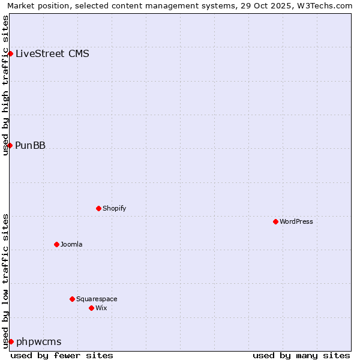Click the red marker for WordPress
point(275,221)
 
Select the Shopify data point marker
point(98,208)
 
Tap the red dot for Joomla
point(56,244)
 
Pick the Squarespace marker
point(72,299)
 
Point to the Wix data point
point(91,308)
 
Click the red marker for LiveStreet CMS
point(10,53)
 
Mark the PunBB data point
point(10,145)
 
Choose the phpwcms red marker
point(11,341)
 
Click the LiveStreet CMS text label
point(52,53)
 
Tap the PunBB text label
point(30,145)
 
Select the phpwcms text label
point(38,342)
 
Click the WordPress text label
point(296,221)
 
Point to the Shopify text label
point(114,208)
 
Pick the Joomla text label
point(71,244)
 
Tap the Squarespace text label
point(97,299)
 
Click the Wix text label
point(101,308)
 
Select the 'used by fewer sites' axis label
point(62,355)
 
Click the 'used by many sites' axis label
point(301,355)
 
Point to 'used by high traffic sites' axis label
point(5,85)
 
